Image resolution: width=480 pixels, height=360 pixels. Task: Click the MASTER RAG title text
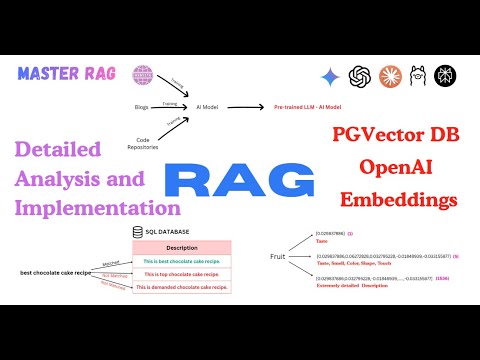[66, 73]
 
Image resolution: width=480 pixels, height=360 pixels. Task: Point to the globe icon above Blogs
[146, 72]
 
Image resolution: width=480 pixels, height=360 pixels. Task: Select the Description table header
[182, 246]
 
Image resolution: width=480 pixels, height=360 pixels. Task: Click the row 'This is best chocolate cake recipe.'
[182, 260]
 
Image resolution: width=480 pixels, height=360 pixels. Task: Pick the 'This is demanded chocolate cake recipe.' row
[182, 286]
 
